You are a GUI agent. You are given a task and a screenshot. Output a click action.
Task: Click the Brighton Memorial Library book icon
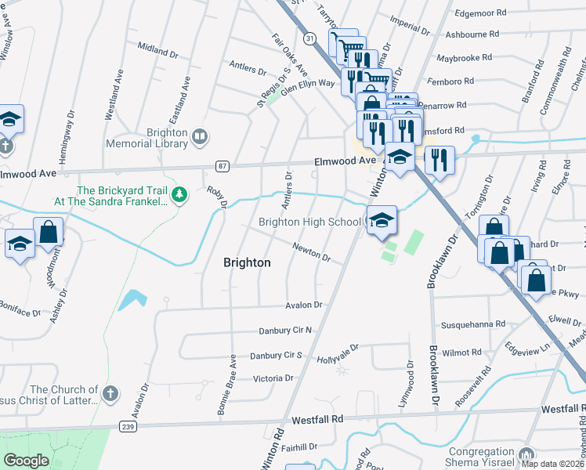point(200,138)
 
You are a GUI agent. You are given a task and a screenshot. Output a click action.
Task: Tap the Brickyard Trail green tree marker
point(179,193)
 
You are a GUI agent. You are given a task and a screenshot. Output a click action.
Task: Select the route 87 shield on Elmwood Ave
point(223,165)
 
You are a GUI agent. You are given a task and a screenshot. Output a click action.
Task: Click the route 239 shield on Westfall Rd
point(128,426)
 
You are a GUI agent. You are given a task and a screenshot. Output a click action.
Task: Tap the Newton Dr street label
point(311,252)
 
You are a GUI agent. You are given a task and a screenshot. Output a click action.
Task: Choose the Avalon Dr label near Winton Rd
point(304,305)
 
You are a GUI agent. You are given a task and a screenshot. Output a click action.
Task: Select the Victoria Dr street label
point(273,378)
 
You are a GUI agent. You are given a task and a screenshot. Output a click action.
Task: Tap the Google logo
point(26,461)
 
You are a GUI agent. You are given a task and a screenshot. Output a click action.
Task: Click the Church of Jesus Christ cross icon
point(110,392)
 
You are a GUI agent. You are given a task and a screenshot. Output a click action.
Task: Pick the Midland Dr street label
point(157,50)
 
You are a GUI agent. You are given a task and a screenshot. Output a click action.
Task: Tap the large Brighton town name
point(247,263)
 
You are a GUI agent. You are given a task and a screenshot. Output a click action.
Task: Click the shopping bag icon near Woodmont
point(48,232)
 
